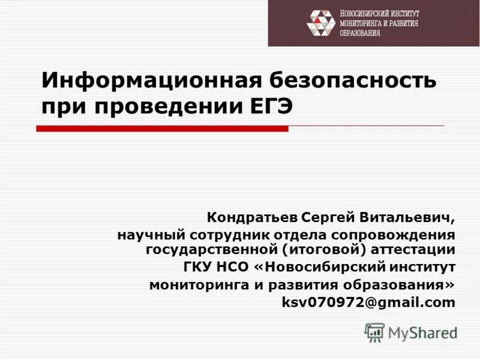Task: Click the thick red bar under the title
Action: pyautogui.click(x=162, y=128)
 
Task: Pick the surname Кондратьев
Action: pyautogui.click(x=253, y=216)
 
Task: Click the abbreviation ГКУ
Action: pyautogui.click(x=199, y=266)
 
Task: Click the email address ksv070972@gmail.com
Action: pyautogui.click(x=368, y=303)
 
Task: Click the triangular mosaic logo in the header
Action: pyautogui.click(x=320, y=23)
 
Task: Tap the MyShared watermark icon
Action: pyautogui.click(x=374, y=331)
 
